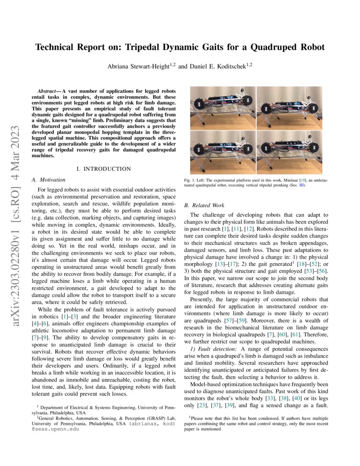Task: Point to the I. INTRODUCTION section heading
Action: tap(104, 169)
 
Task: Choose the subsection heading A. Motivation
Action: tap(49, 180)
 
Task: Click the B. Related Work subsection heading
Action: tap(204, 205)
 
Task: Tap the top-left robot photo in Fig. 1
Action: tap(222, 108)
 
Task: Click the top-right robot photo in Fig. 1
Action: tap(289, 108)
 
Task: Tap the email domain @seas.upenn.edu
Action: tap(51, 429)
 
